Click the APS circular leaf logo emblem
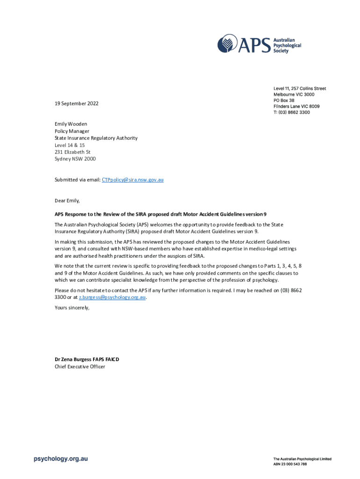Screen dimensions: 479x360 point(228,44)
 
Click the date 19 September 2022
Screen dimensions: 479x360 point(77,103)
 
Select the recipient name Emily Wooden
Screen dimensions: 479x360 point(71,124)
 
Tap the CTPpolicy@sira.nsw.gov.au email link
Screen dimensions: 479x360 point(133,180)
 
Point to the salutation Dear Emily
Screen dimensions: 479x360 point(67,201)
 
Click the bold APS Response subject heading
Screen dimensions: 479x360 point(161,214)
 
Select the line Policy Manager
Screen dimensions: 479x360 point(72,131)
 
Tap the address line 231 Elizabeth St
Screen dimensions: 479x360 point(72,152)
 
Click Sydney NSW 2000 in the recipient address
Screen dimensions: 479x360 point(75,159)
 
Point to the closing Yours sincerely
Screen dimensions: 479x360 point(72,308)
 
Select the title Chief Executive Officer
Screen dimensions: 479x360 point(80,367)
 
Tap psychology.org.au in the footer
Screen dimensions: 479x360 point(61,459)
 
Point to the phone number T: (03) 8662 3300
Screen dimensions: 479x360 point(292,112)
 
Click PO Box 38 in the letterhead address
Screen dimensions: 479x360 point(284,101)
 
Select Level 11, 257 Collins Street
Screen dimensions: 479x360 point(300,88)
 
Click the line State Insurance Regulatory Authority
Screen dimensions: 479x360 point(96,138)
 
